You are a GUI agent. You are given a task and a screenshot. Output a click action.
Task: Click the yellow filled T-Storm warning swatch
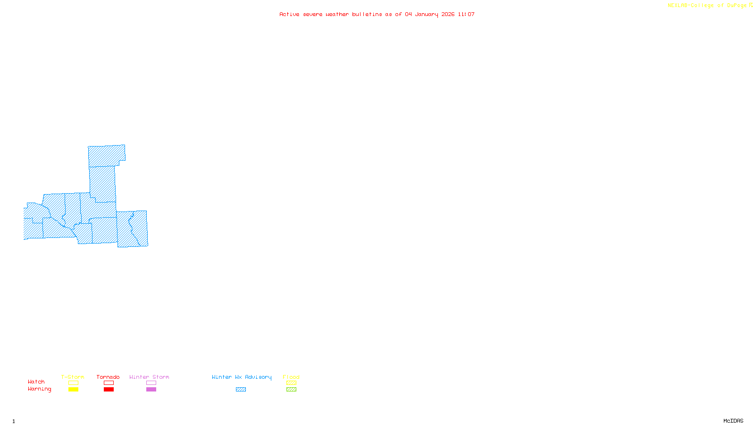point(73,390)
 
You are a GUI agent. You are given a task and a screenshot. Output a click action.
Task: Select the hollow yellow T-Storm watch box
point(73,383)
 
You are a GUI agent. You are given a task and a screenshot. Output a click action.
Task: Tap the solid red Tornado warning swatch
point(109,390)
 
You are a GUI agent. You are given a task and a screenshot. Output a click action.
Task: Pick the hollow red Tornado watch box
point(109,383)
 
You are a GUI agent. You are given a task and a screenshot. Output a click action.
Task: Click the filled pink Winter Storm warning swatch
point(151,390)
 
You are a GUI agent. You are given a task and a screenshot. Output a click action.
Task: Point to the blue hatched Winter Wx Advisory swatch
point(241,390)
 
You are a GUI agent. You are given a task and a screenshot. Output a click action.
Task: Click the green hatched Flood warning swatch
point(291,390)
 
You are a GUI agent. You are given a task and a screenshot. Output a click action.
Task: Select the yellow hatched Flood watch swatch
point(291,383)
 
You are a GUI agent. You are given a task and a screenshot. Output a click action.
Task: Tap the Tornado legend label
point(108,377)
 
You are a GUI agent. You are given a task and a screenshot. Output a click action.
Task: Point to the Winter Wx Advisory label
point(242,377)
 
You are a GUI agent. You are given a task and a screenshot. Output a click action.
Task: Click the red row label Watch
point(36,382)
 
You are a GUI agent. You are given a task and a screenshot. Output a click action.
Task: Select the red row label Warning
point(39,389)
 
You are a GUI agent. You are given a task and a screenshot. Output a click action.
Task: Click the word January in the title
point(427,15)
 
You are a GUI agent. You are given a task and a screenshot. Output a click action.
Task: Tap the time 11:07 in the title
point(466,15)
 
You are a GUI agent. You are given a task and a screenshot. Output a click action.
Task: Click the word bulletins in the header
point(367,15)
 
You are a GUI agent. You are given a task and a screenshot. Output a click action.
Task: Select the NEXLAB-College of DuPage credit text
point(707,6)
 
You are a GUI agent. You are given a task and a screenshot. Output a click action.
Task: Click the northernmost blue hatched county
point(106,155)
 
